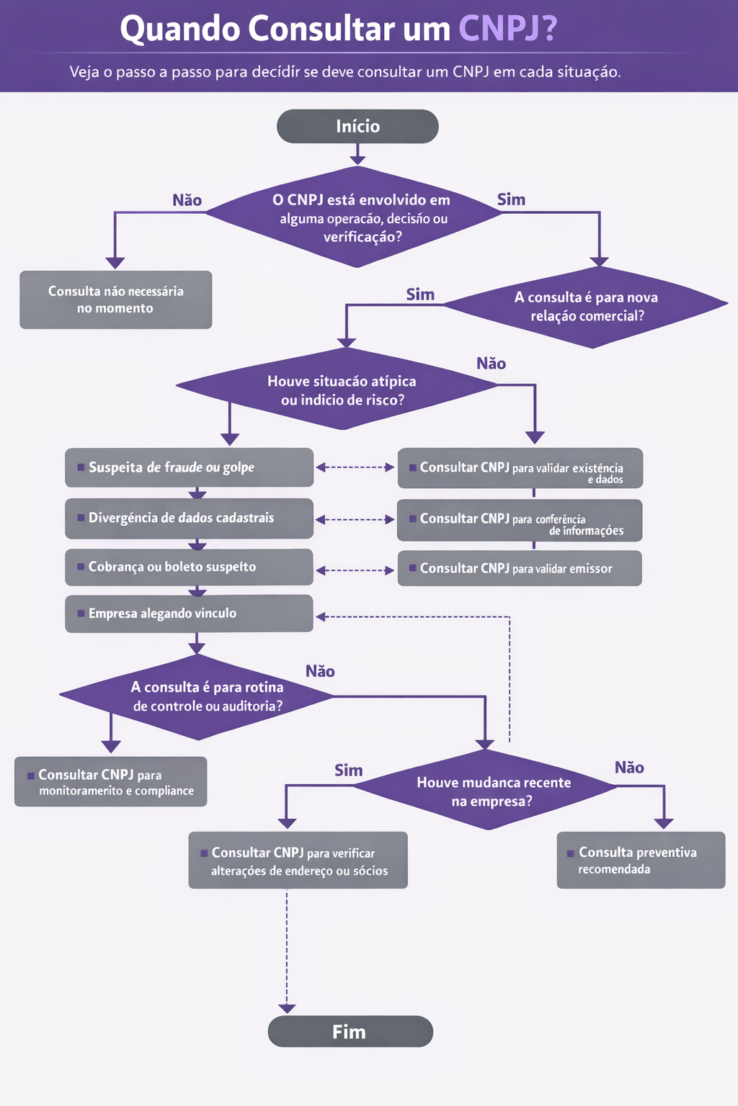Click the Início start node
click(x=357, y=127)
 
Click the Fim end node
click(x=350, y=1031)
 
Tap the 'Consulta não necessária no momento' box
click(x=115, y=300)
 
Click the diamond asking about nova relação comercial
click(x=587, y=307)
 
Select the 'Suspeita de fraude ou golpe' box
click(x=189, y=467)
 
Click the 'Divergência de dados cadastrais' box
click(x=189, y=518)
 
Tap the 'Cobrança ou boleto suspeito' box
click(x=189, y=567)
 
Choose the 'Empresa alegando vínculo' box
click(x=189, y=613)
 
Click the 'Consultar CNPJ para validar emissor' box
click(x=519, y=568)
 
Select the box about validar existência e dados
click(x=519, y=469)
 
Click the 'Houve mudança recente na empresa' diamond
click(x=493, y=791)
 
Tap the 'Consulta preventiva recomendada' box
click(x=640, y=860)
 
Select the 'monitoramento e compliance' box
click(x=111, y=782)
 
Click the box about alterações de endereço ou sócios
click(x=298, y=860)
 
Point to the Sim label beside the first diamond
click(x=511, y=199)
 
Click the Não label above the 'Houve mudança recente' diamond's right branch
click(x=629, y=768)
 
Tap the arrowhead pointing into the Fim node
click(x=287, y=1009)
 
